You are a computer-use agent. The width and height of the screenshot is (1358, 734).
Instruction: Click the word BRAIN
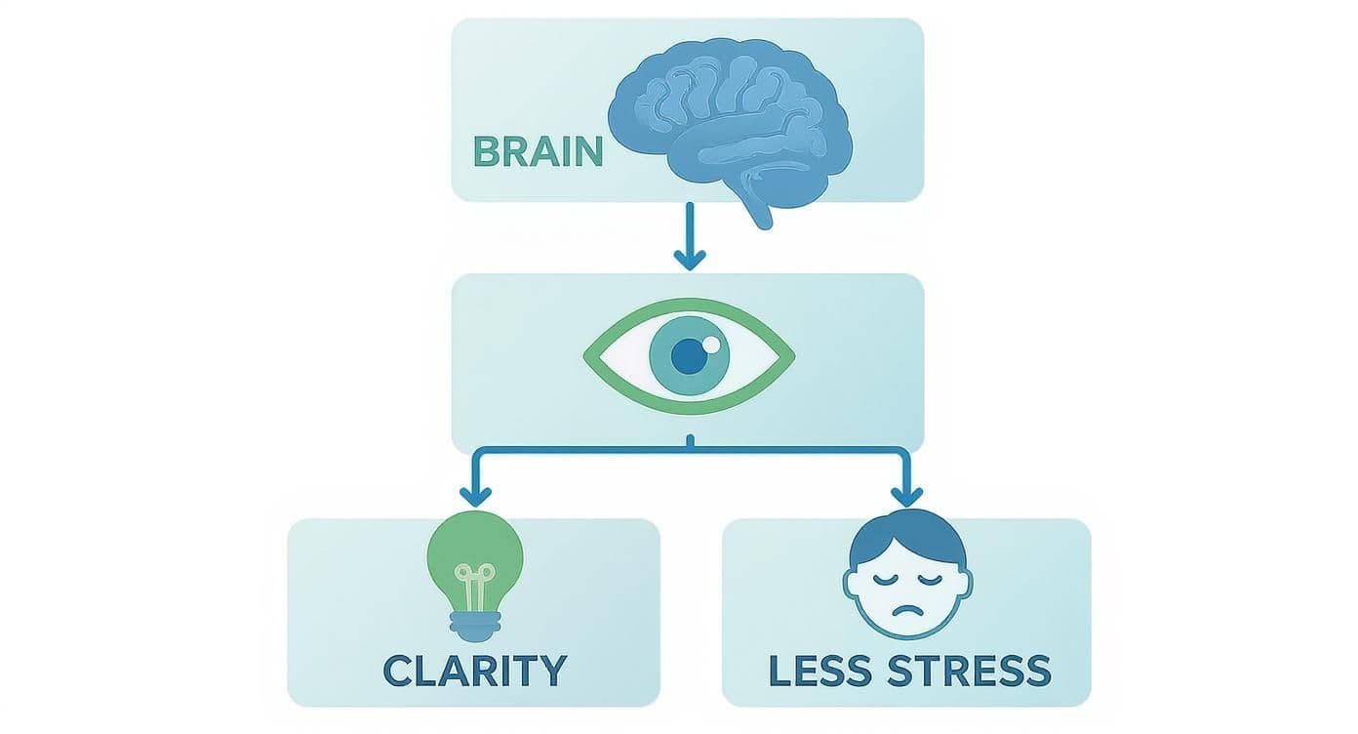tap(537, 151)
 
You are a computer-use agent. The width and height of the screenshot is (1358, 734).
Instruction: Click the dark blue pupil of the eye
tap(689, 357)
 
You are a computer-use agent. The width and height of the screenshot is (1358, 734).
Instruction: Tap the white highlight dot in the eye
tap(712, 344)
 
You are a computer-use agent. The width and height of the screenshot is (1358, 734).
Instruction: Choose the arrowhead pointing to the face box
tap(907, 492)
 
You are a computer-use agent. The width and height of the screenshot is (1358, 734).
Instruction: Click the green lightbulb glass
tap(475, 551)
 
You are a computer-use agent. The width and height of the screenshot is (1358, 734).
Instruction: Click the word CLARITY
tap(474, 671)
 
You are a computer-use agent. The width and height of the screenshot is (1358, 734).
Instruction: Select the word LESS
tap(820, 671)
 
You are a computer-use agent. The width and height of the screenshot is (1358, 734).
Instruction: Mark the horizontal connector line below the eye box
tap(585, 450)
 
